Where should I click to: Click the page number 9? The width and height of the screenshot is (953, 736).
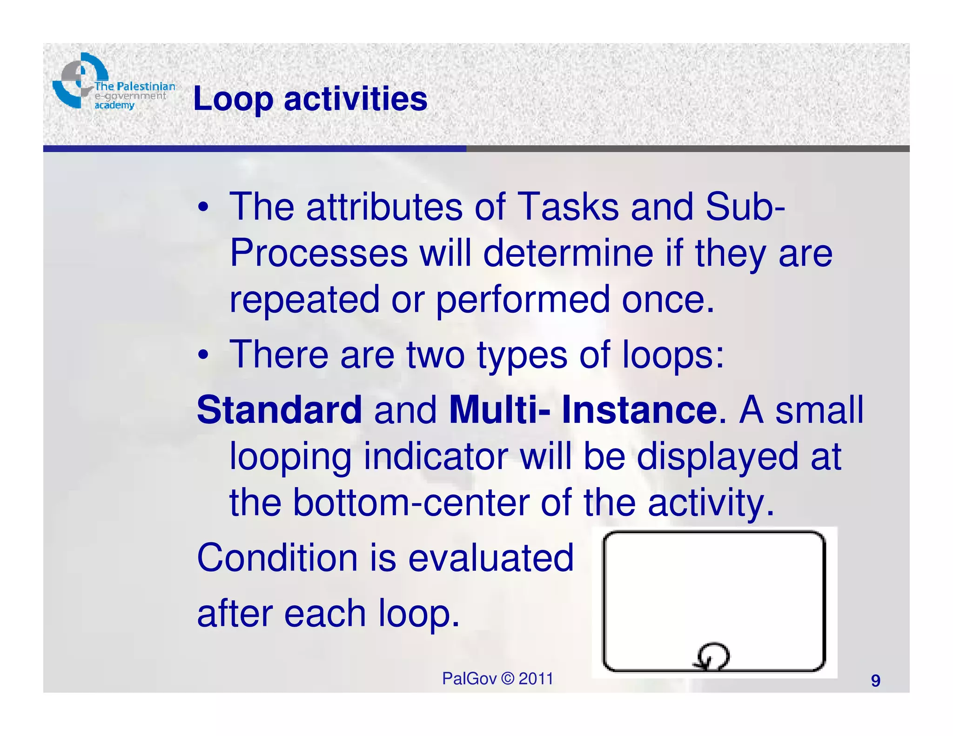pyautogui.click(x=875, y=681)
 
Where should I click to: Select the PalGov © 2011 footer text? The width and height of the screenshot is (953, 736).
pyautogui.click(x=497, y=679)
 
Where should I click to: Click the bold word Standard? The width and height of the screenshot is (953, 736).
pyautogui.click(x=279, y=410)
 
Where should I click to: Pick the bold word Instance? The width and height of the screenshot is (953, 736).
pyautogui.click(x=639, y=410)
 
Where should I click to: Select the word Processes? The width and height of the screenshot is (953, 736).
pyautogui.click(x=319, y=254)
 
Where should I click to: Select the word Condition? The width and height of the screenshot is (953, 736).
pyautogui.click(x=277, y=558)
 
